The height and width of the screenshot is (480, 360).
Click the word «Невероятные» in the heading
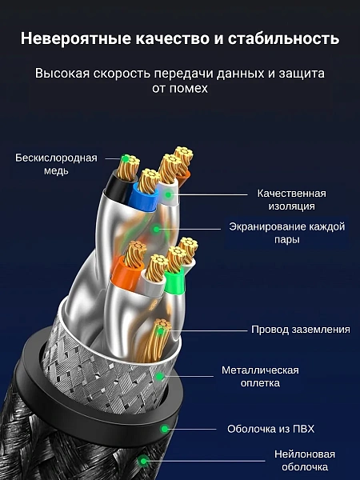[x=76, y=39]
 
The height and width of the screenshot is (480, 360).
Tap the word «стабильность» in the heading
[x=283, y=39]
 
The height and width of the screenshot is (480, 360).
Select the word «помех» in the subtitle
[x=188, y=88]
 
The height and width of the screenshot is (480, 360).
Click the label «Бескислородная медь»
[x=56, y=164]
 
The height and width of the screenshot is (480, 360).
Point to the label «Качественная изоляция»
[x=291, y=199]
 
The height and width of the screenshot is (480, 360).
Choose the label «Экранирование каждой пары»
[x=287, y=233]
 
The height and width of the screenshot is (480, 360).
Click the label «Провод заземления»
[x=301, y=330]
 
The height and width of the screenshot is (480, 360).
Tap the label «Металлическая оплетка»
[x=260, y=376]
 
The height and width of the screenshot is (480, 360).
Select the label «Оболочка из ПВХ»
[x=270, y=429]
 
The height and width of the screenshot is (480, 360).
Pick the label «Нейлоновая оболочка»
[x=305, y=461]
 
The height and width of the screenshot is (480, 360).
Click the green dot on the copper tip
[x=126, y=158]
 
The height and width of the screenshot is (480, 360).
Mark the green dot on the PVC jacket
[x=165, y=429]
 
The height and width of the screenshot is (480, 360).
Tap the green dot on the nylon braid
[x=143, y=461]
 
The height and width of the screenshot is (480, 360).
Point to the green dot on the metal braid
[x=159, y=376]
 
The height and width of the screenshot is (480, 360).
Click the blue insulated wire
[x=143, y=199]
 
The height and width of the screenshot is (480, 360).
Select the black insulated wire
[x=118, y=187]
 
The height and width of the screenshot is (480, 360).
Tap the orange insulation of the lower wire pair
[x=126, y=274]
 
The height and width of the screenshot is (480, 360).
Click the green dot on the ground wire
[x=160, y=330]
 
